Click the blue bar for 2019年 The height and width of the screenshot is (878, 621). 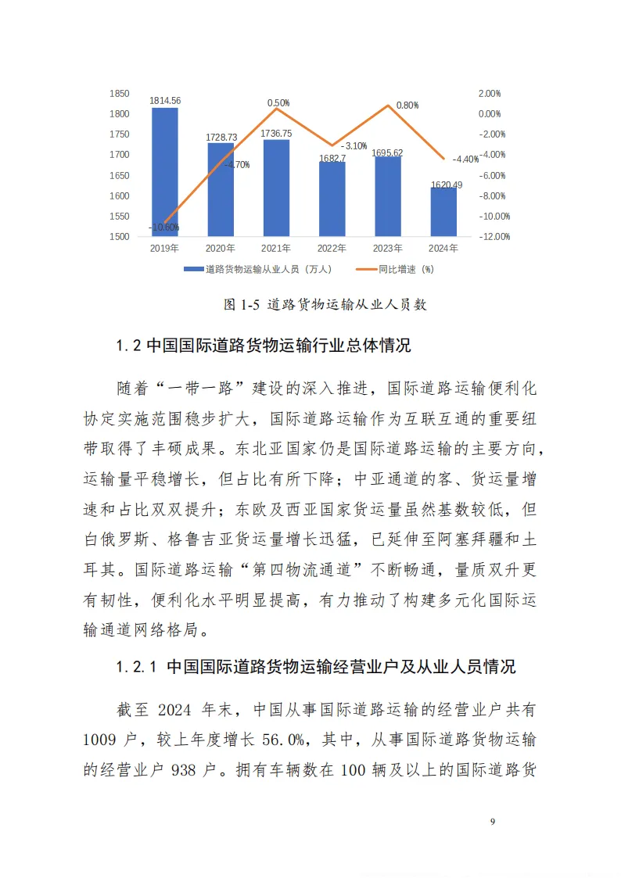point(164,172)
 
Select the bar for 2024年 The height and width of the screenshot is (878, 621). point(443,212)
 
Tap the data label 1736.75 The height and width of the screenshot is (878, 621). point(276,134)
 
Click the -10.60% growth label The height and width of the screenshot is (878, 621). point(164,228)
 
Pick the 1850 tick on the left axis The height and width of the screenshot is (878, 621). point(119,94)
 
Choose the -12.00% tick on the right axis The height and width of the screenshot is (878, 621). point(494,236)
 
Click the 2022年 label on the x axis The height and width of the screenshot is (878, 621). point(332,249)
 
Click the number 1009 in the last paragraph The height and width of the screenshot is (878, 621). point(100,739)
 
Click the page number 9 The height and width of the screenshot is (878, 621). point(492,821)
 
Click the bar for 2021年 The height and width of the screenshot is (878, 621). point(276,188)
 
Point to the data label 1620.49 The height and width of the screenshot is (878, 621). point(443,185)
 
